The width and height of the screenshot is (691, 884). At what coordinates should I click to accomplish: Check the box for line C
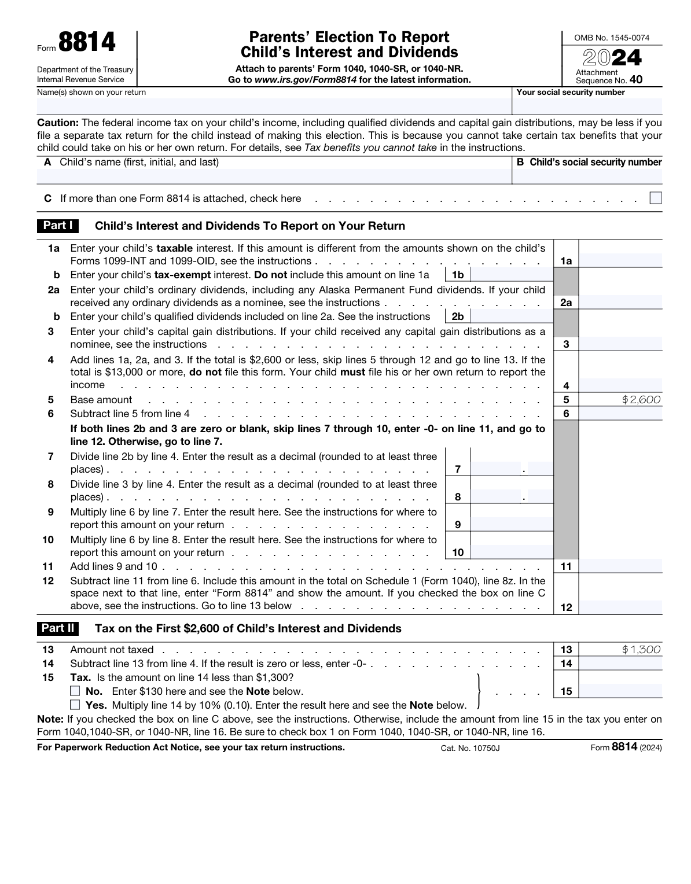(x=655, y=198)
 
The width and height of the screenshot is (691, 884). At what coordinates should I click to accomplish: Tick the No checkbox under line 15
(x=75, y=691)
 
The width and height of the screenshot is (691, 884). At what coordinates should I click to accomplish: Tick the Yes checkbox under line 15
(x=75, y=705)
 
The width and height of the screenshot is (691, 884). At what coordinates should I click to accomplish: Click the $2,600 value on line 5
(x=641, y=400)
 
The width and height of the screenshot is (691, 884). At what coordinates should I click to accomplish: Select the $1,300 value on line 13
(x=641, y=650)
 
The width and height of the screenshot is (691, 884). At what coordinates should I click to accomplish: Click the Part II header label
(x=58, y=628)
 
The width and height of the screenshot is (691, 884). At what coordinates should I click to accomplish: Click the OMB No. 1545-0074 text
(x=611, y=38)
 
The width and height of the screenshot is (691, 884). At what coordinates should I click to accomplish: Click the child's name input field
(x=274, y=176)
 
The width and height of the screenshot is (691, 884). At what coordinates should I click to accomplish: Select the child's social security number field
(x=587, y=176)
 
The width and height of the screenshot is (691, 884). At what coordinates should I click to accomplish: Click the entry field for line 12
(x=620, y=606)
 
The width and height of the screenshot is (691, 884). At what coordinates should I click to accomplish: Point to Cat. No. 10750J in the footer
(x=469, y=748)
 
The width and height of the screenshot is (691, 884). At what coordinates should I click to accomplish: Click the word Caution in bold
(x=58, y=123)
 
